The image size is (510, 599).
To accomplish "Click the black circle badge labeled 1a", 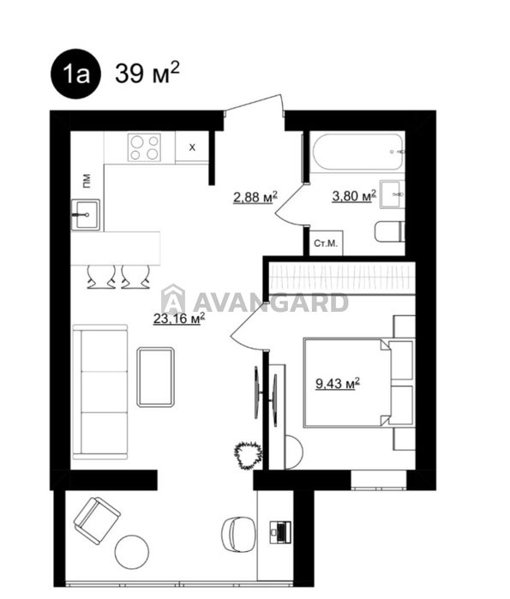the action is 75,74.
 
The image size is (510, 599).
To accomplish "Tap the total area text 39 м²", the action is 147,73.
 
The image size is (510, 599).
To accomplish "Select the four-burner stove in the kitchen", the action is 144,147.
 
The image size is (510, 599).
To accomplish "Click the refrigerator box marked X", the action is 192,147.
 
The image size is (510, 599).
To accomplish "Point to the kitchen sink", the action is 86,215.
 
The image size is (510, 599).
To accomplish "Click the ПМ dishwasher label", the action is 87,181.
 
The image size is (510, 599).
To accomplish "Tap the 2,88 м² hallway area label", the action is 255,197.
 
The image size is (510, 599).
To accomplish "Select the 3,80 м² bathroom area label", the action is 354,195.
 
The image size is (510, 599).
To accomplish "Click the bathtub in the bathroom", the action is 357,152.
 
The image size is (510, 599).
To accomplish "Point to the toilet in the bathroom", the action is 390,231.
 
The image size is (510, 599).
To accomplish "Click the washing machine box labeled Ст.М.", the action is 326,243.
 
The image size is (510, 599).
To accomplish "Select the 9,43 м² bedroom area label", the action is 338,383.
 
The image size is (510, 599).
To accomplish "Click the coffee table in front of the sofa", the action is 156,377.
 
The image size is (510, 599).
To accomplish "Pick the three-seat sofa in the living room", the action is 100,392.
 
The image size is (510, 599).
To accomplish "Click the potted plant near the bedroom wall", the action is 249,454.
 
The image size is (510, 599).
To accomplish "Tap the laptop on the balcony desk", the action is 280,532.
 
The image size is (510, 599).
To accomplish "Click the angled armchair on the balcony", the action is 97,520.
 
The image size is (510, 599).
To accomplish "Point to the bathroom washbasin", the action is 392,195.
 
